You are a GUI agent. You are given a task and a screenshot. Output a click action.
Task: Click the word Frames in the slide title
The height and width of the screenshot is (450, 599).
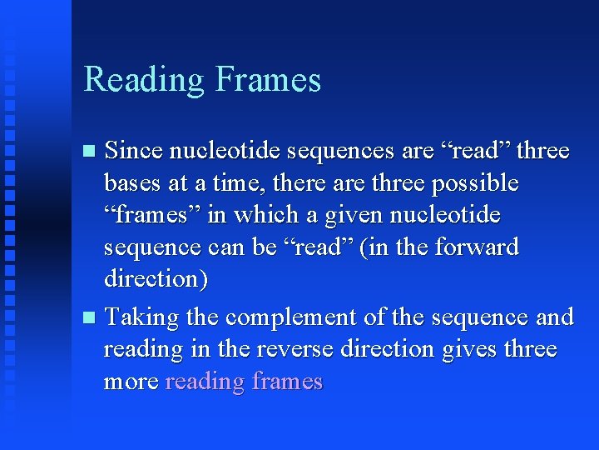tap(268, 80)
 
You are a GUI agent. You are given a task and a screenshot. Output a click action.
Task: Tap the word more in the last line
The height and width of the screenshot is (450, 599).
tap(131, 382)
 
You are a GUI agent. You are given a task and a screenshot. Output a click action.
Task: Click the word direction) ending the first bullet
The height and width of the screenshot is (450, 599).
tap(156, 278)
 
